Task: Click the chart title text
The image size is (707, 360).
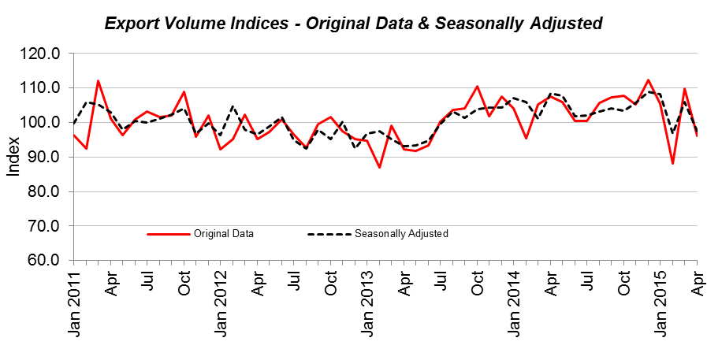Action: click(353, 24)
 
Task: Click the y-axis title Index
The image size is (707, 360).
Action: click(13, 157)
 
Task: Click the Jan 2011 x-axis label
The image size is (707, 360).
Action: click(74, 303)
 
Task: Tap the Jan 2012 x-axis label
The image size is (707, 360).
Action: click(221, 303)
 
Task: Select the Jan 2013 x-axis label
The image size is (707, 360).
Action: click(367, 303)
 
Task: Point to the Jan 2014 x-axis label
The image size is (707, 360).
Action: click(514, 303)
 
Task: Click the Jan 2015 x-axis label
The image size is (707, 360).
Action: click(660, 303)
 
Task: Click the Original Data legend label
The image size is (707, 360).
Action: click(222, 234)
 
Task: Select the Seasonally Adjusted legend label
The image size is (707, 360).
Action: click(401, 234)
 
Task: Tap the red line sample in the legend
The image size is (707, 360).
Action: click(169, 234)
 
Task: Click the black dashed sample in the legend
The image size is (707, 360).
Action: click(329, 234)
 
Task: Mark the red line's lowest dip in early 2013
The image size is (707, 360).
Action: click(379, 167)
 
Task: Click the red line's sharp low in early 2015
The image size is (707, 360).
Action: click(672, 163)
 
